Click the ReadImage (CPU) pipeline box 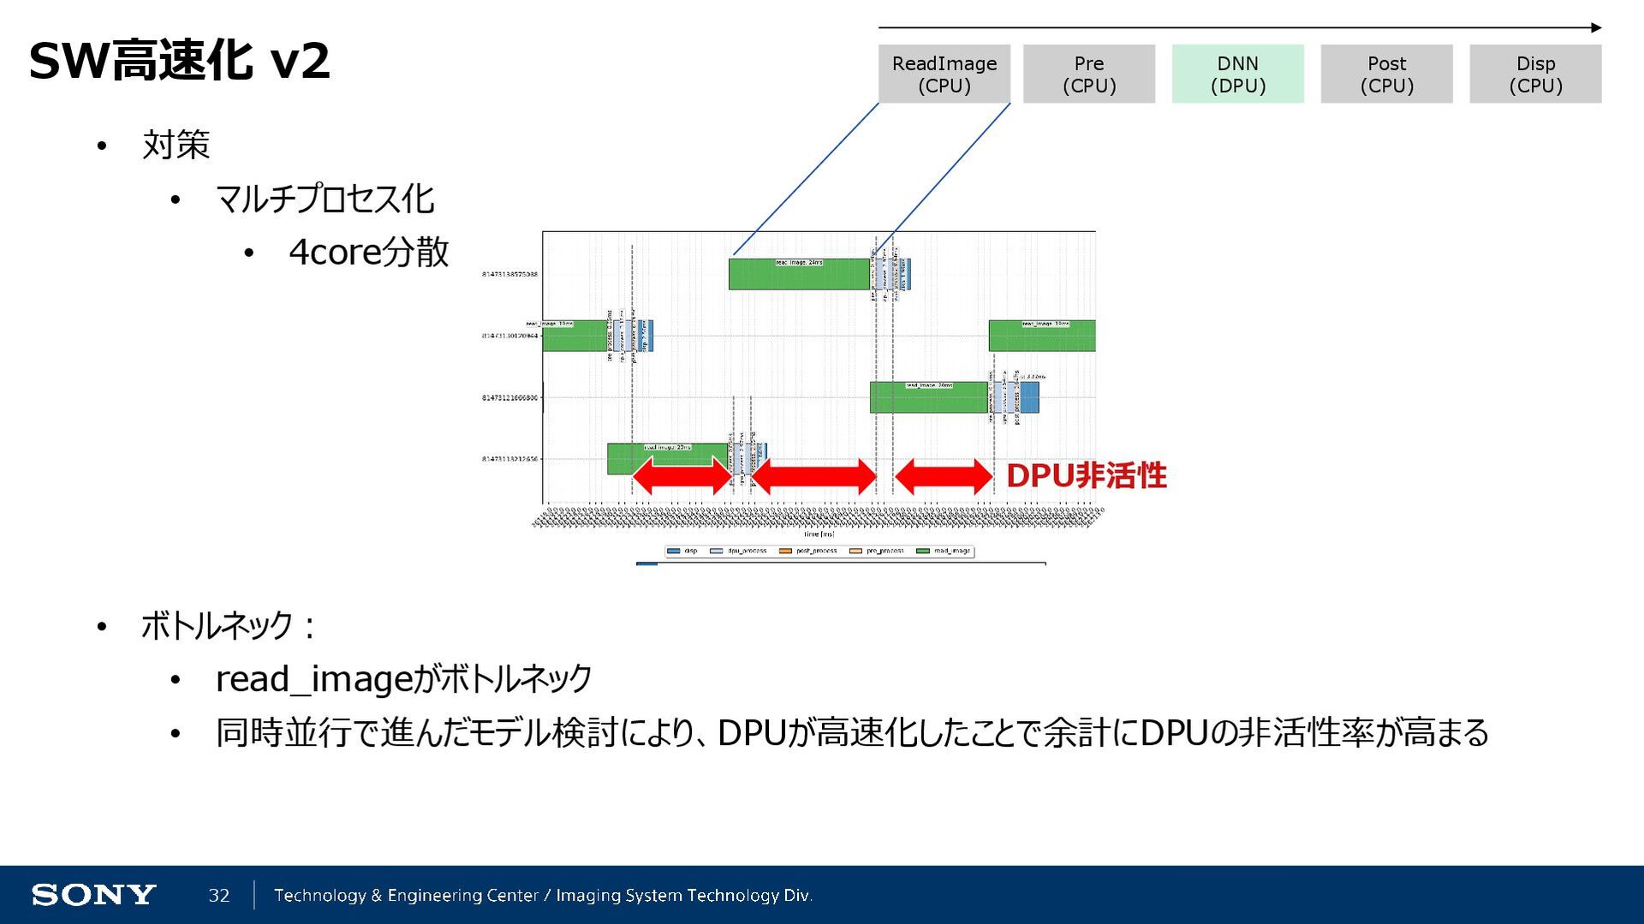pos(944,75)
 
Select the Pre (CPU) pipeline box pos(1088,75)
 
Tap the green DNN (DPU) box pos(1237,75)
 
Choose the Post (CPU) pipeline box pos(1386,75)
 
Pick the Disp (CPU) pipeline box pos(1535,75)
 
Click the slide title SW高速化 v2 pos(179,61)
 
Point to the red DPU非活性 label pos(1086,476)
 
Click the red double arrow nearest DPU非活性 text pos(943,476)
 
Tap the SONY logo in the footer pos(93,895)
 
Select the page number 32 pos(219,895)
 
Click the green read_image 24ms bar pos(799,274)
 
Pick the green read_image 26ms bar pos(928,397)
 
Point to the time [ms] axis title pos(819,534)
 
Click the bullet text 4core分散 pos(368,252)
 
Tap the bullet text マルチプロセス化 pos(325,199)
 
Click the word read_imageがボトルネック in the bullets pos(403,679)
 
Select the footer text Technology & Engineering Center pos(406,895)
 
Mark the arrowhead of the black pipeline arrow pos(1596,27)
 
